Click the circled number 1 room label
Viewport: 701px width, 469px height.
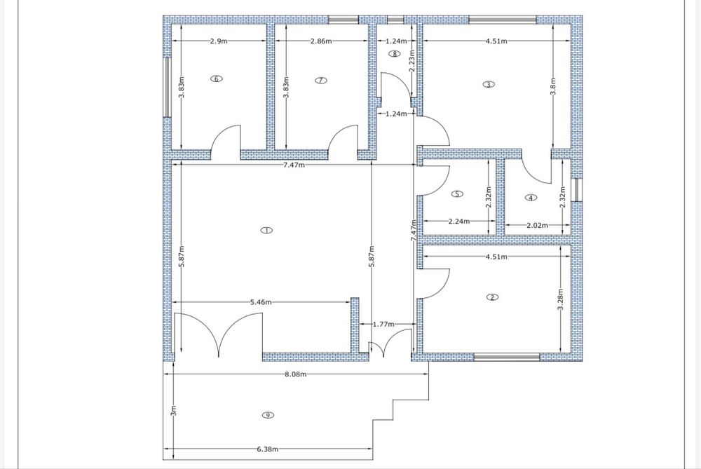(x=266, y=230)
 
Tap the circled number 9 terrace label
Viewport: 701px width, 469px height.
(x=268, y=415)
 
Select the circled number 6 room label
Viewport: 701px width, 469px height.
(x=217, y=79)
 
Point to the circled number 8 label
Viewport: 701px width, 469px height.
(x=394, y=54)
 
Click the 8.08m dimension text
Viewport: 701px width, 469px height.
(x=296, y=374)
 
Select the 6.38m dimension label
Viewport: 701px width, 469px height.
(x=267, y=449)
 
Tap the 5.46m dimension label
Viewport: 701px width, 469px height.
(x=261, y=302)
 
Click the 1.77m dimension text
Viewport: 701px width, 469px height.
(x=383, y=324)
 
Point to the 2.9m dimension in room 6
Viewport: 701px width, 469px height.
(x=219, y=41)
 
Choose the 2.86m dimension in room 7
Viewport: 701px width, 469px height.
(x=321, y=41)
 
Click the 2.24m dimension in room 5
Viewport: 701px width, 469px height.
(x=459, y=221)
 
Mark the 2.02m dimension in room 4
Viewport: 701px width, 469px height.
(x=538, y=225)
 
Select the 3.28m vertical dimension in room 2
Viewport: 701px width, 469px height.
(x=561, y=299)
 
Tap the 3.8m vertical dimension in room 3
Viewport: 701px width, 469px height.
(x=553, y=86)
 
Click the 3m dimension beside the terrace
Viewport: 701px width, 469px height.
(x=173, y=410)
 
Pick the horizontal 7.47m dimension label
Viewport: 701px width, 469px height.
(x=294, y=165)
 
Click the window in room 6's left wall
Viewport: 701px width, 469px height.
(x=168, y=87)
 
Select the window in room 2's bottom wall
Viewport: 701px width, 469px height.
(x=507, y=357)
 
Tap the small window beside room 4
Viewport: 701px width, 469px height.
(x=577, y=190)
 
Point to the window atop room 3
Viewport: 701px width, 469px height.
(x=502, y=20)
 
